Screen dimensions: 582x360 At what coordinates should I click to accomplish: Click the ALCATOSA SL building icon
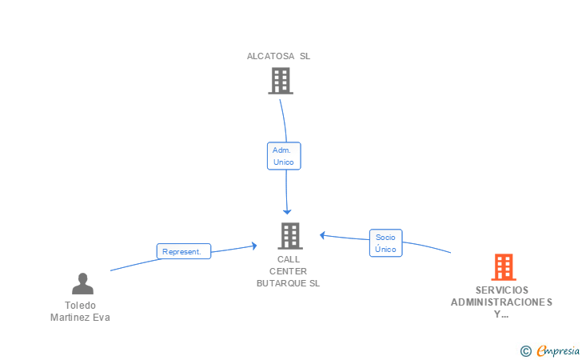[281, 81]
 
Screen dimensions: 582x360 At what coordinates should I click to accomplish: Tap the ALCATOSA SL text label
[278, 56]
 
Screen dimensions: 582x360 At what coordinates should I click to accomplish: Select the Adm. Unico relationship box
[284, 156]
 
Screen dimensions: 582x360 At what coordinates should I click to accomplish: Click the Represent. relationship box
[184, 251]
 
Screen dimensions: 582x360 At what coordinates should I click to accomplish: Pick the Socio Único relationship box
[385, 243]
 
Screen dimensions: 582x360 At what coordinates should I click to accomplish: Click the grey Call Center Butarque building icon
[290, 236]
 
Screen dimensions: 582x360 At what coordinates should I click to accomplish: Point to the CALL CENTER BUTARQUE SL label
[288, 271]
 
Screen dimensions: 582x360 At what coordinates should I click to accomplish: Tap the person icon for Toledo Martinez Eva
[83, 283]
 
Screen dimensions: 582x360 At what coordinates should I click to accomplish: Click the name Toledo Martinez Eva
[80, 311]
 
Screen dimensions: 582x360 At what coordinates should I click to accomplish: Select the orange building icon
[504, 267]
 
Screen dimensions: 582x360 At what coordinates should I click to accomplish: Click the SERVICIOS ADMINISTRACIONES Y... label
[501, 302]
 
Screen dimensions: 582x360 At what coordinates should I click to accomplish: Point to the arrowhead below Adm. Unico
[287, 212]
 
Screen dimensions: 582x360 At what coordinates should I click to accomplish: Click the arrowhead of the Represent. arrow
[254, 246]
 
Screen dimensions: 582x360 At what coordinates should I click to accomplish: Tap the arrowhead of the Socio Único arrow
[322, 235]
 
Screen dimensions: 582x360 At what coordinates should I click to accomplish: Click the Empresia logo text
[558, 350]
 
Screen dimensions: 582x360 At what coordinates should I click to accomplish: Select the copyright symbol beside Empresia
[525, 351]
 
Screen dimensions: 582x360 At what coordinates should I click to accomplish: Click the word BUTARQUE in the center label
[281, 283]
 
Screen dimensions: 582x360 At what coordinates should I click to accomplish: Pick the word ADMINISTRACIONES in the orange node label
[501, 302]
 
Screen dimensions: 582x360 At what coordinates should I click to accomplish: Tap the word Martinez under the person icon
[67, 318]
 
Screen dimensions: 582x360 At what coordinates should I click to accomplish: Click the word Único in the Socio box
[385, 249]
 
